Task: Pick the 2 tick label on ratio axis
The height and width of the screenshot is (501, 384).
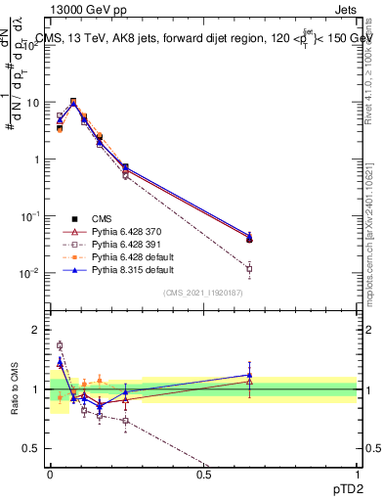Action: (37, 330)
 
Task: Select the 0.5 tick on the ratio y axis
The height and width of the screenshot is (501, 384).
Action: (33, 448)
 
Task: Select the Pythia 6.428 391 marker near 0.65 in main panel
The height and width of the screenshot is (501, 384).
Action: (249, 268)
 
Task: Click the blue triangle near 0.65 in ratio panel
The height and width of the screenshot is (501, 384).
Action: (249, 375)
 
